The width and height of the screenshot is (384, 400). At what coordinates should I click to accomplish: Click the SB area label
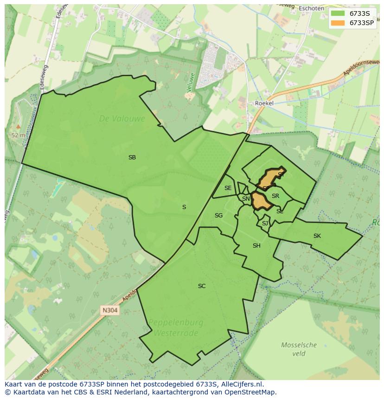pyautogui.click(x=132, y=157)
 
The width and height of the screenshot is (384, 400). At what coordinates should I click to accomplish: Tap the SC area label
pyautogui.click(x=202, y=286)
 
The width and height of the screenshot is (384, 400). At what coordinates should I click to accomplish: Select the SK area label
pyautogui.click(x=317, y=236)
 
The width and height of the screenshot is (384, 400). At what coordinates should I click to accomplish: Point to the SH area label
pyautogui.click(x=256, y=246)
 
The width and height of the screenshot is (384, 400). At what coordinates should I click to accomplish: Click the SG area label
pyautogui.click(x=218, y=216)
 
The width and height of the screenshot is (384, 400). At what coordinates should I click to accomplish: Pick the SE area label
pyautogui.click(x=228, y=188)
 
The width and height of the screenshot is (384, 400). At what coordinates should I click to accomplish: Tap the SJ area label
pyautogui.click(x=265, y=223)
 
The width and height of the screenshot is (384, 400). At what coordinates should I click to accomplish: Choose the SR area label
pyautogui.click(x=275, y=196)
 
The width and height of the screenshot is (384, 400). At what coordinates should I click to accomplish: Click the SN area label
pyautogui.click(x=246, y=199)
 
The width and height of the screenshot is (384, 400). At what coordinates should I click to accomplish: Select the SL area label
pyautogui.click(x=280, y=211)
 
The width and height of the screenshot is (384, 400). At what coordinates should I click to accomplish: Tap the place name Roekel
pyautogui.click(x=264, y=103)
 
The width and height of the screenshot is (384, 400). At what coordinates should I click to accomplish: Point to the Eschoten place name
pyautogui.click(x=311, y=8)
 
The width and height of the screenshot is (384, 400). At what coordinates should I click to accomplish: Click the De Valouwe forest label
pyautogui.click(x=122, y=119)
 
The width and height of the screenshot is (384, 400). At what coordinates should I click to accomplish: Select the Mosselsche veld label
pyautogui.click(x=299, y=349)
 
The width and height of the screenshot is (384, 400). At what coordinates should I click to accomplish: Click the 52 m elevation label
pyautogui.click(x=19, y=135)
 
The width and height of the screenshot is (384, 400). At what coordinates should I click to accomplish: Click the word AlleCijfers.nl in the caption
pyautogui.click(x=241, y=384)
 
